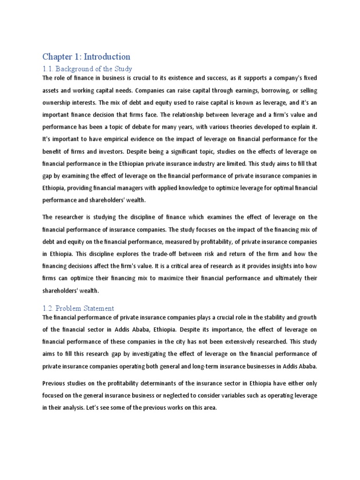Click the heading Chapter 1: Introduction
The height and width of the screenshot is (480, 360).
(86, 57)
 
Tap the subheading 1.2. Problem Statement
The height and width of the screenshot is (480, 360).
(78, 308)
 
